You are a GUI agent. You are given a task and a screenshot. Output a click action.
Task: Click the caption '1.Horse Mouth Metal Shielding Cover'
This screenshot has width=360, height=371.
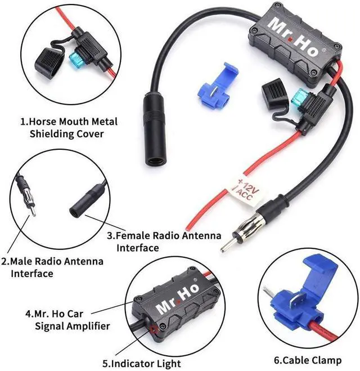(x=62, y=127)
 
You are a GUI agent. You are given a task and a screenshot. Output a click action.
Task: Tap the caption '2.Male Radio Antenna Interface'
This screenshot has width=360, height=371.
(x=52, y=267)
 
